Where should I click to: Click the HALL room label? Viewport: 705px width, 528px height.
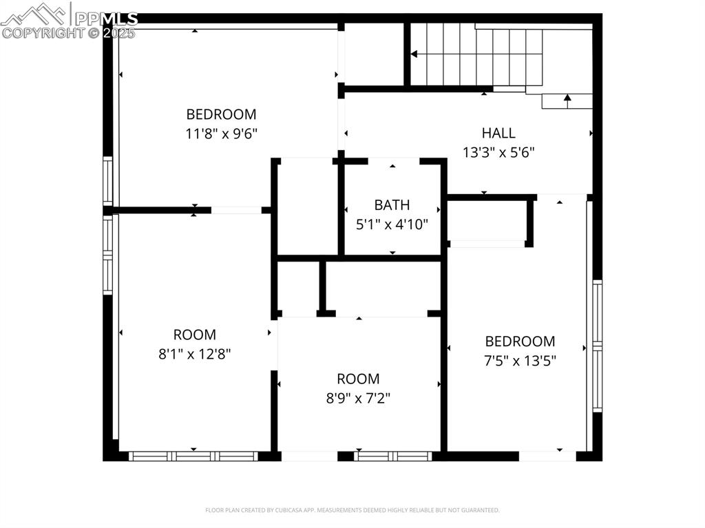click(x=498, y=133)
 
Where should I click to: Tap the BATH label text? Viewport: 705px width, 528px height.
click(x=392, y=204)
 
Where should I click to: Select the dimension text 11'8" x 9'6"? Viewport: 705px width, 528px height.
click(x=221, y=134)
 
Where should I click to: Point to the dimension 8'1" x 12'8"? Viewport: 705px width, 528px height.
click(x=194, y=354)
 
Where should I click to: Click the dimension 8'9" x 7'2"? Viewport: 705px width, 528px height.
click(x=358, y=398)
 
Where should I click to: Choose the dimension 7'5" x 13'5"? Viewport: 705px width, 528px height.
click(x=520, y=360)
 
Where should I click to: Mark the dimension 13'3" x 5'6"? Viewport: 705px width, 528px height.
click(x=498, y=152)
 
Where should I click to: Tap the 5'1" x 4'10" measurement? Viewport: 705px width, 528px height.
click(x=392, y=224)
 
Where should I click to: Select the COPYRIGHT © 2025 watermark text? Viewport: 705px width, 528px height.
click(x=69, y=32)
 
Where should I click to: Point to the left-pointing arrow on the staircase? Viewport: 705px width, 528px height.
click(x=414, y=54)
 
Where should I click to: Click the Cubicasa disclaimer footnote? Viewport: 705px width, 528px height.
click(x=352, y=510)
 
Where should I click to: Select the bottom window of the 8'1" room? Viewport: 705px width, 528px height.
click(x=193, y=456)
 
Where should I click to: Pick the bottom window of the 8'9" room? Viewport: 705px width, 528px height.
click(x=392, y=456)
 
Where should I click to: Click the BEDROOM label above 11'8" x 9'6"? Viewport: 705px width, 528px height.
click(x=221, y=114)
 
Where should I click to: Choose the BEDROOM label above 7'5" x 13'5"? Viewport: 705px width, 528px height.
click(x=520, y=341)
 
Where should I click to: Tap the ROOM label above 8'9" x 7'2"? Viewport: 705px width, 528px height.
click(x=358, y=379)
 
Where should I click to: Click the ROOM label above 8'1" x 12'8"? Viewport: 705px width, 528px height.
click(x=194, y=335)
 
